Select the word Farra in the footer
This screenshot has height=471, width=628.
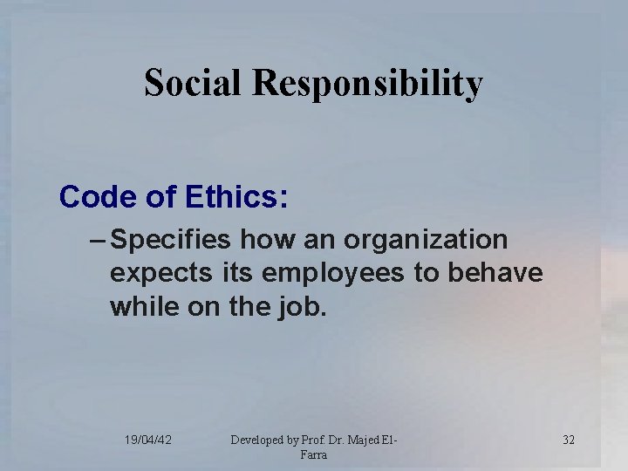coord(314,454)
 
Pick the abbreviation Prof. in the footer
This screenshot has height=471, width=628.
coord(312,440)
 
